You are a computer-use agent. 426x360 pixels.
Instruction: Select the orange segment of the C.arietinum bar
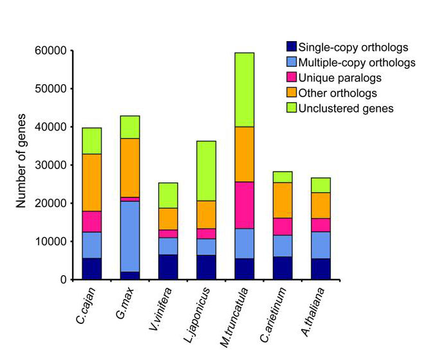point(282,200)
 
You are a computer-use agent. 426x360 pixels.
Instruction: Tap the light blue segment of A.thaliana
point(320,245)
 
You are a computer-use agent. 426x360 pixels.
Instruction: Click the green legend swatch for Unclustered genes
point(292,107)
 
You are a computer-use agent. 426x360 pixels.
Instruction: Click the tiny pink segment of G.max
point(130,199)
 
